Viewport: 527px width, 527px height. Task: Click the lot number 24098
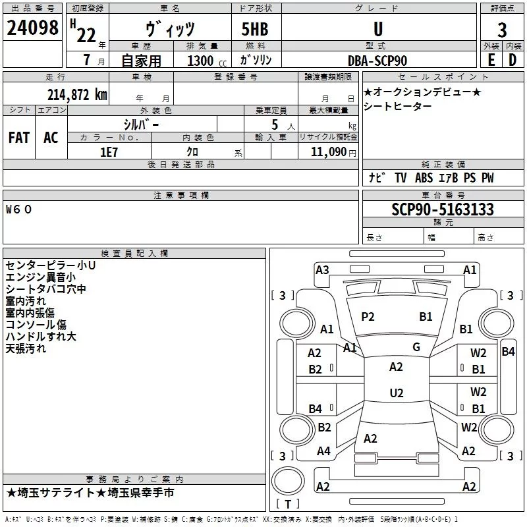tap(32, 28)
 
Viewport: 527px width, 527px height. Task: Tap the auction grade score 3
tap(502, 30)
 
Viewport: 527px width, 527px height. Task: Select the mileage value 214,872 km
tap(77, 95)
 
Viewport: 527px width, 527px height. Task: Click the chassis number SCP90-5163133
tap(443, 209)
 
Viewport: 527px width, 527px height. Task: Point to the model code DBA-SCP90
tap(377, 61)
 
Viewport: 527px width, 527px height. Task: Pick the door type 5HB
tap(255, 29)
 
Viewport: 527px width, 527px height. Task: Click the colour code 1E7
tap(109, 152)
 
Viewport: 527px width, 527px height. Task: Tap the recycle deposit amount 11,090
tap(329, 152)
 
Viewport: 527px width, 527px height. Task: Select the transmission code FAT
tap(19, 138)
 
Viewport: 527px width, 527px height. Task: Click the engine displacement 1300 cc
tap(207, 61)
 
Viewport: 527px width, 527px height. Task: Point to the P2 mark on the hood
tap(368, 317)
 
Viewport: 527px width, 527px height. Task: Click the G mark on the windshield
tap(416, 347)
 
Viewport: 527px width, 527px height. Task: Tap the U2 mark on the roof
tap(397, 393)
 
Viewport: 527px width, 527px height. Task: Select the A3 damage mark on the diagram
tap(322, 270)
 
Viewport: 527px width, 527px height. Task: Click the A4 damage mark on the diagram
tap(323, 451)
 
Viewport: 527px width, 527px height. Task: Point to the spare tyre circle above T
tap(288, 481)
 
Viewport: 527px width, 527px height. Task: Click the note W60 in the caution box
tap(18, 209)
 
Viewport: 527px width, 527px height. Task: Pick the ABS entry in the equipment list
tap(424, 178)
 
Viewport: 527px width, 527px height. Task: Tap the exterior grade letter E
tap(491, 60)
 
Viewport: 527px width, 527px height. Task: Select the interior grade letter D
tap(513, 60)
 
